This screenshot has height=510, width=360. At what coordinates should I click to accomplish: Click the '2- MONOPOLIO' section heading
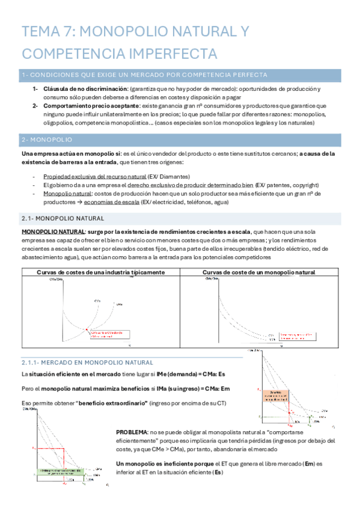[47, 140]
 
